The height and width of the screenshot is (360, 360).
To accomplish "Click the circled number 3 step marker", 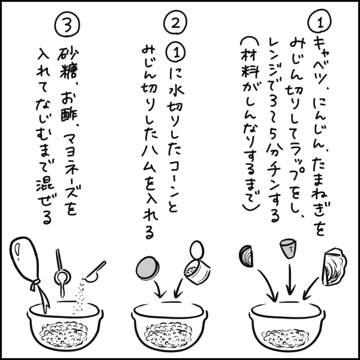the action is click(67, 25).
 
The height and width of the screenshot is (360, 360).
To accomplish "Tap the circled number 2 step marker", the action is click(175, 23).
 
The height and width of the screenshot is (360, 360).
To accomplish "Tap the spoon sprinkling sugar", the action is click(95, 272).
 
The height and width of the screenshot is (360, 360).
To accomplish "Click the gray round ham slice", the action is click(148, 268).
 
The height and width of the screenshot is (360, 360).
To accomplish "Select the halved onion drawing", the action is click(246, 256).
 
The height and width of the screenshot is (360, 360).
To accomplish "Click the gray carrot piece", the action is click(287, 248).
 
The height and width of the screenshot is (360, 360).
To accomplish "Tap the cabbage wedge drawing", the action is click(335, 266).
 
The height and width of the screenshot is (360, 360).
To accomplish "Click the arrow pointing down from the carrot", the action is click(290, 280).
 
